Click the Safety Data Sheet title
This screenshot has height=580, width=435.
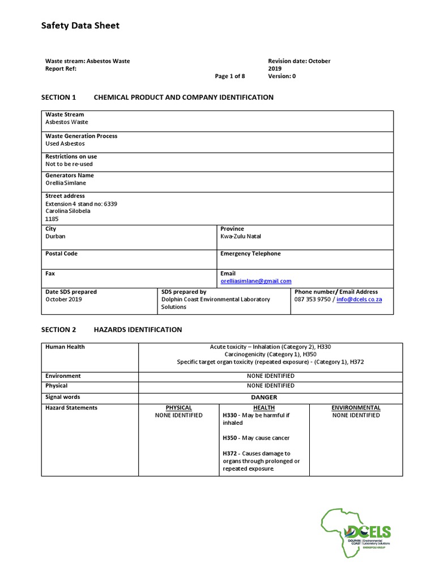tap(80, 25)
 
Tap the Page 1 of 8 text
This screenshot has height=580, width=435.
tap(230, 76)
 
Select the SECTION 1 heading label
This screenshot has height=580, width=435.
tap(58, 97)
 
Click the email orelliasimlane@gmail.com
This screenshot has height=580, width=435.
tap(255, 281)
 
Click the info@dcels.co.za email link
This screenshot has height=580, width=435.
tap(359, 299)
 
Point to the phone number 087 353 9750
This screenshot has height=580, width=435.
tap(313, 299)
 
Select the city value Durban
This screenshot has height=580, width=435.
tap(56, 236)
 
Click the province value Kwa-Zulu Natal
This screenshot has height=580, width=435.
tap(241, 236)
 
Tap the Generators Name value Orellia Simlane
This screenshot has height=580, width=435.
tap(66, 183)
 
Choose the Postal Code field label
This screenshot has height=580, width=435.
tap(61, 254)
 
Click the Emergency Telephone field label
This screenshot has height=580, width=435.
tap(250, 254)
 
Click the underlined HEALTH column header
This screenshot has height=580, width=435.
tap(264, 408)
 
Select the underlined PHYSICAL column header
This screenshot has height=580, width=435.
tap(178, 408)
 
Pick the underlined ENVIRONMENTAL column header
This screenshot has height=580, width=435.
tap(356, 408)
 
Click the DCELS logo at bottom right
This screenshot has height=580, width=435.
tap(356, 536)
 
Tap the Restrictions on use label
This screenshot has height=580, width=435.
tap(71, 156)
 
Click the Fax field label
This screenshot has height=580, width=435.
tap(50, 273)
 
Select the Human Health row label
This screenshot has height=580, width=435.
tap(65, 347)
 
